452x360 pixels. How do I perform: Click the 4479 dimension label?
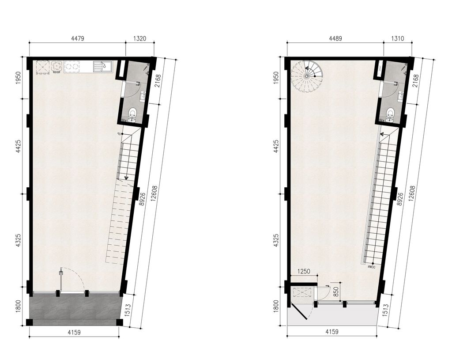point(77,38)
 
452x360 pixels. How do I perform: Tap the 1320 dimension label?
point(140,38)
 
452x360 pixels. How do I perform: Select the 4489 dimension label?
point(335,38)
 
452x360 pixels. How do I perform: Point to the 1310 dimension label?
point(398,38)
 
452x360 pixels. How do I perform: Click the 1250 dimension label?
point(304,271)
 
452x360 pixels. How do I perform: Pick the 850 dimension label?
point(336,292)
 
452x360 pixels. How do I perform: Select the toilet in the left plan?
point(132,114)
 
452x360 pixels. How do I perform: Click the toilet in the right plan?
point(390,114)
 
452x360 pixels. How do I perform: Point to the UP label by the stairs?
point(119,134)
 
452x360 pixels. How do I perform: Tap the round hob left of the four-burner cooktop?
point(57,67)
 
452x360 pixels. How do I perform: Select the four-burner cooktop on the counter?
point(72,67)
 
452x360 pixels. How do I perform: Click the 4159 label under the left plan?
point(74,332)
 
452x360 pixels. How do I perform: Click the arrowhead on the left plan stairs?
point(126,178)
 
